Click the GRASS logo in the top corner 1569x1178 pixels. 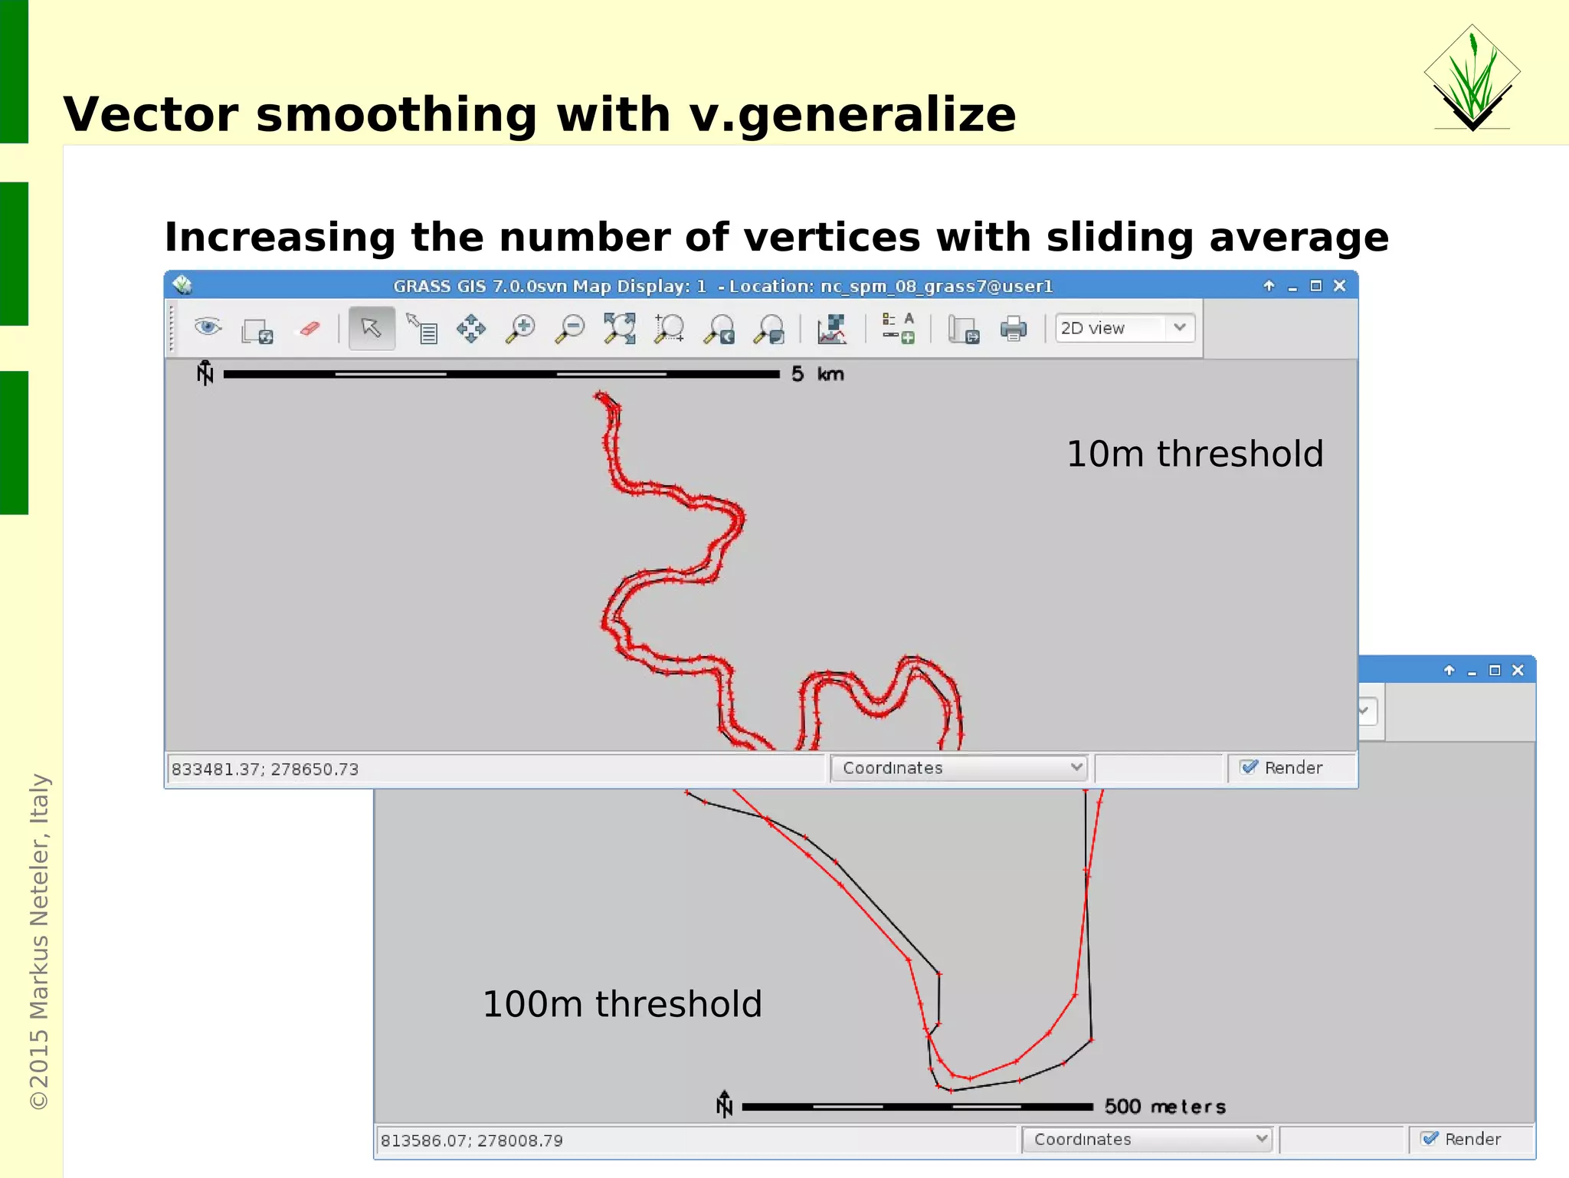point(1472,77)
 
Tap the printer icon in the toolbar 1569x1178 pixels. point(1013,329)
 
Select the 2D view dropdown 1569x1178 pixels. point(1124,328)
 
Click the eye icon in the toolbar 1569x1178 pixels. point(208,327)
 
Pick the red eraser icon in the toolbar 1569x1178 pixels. point(310,329)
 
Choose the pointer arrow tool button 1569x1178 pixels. point(372,328)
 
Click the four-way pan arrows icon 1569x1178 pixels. point(470,329)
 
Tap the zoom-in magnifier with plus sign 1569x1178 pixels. point(520,329)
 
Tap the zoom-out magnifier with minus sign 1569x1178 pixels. point(570,329)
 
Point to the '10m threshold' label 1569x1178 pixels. point(1194,454)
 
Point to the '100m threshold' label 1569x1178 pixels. point(621,1004)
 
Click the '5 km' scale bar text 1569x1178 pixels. point(817,374)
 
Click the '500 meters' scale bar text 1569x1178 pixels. point(1164,1107)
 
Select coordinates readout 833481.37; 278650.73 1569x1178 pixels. point(265,769)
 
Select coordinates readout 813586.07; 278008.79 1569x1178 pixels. point(472,1140)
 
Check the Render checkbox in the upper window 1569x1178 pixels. point(1250,767)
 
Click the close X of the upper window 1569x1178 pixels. point(1339,286)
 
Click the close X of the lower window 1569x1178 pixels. point(1518,671)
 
